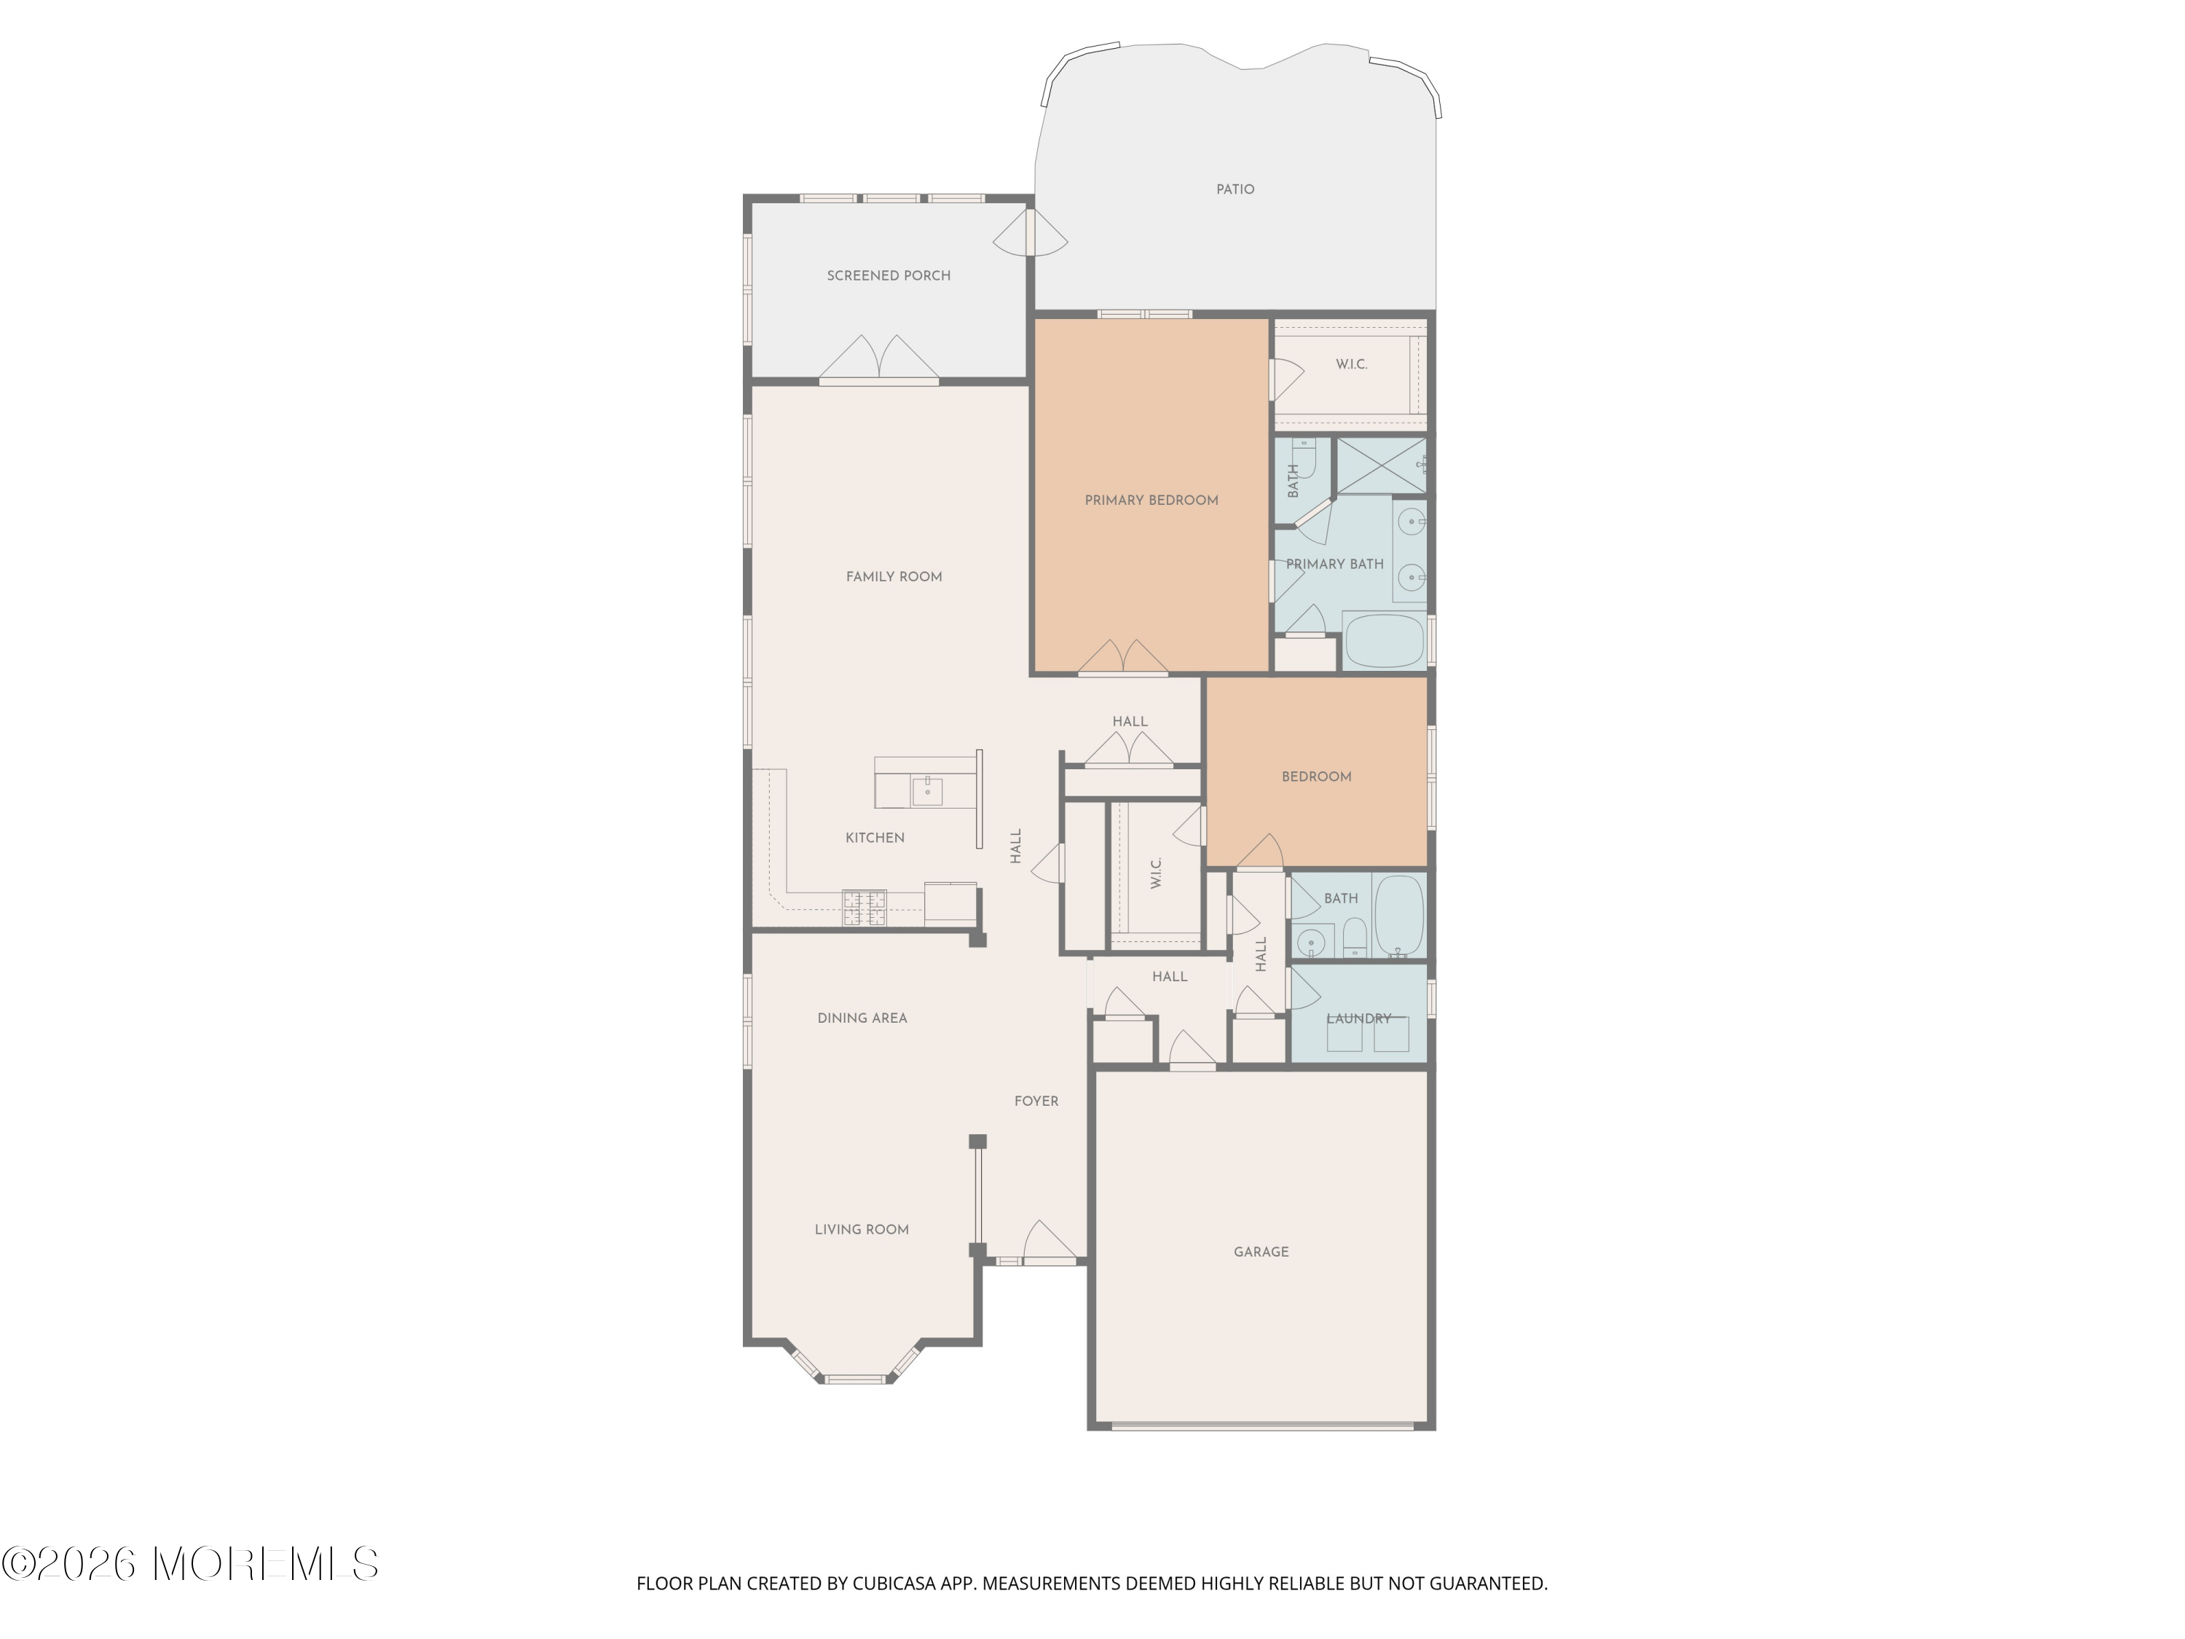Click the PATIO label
point(1235,189)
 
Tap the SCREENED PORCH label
point(889,275)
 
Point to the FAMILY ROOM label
point(894,577)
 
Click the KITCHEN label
point(875,838)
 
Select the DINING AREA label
point(862,1018)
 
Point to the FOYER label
point(1036,1101)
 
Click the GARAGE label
point(1261,1251)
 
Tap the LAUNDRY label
point(1359,1018)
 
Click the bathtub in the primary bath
point(1384,641)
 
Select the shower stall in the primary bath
point(1381,465)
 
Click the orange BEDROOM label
point(1317,777)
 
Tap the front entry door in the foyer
point(1049,1244)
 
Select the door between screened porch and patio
point(1031,233)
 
